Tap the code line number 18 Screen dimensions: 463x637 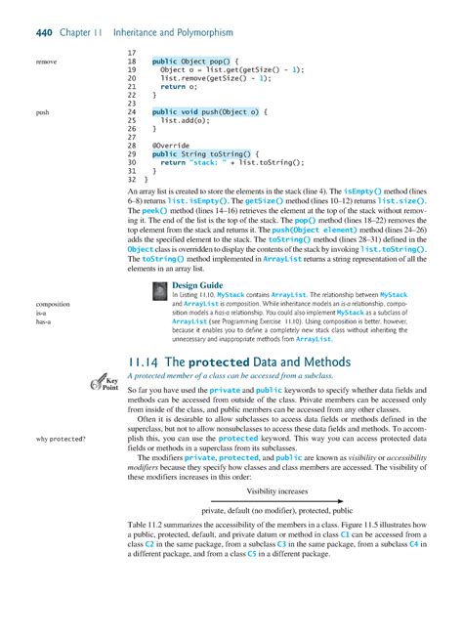click(x=132, y=61)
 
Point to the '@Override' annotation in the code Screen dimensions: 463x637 click(x=172, y=146)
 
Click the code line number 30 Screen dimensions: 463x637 click(x=132, y=162)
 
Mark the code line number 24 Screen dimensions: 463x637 click(x=132, y=112)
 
